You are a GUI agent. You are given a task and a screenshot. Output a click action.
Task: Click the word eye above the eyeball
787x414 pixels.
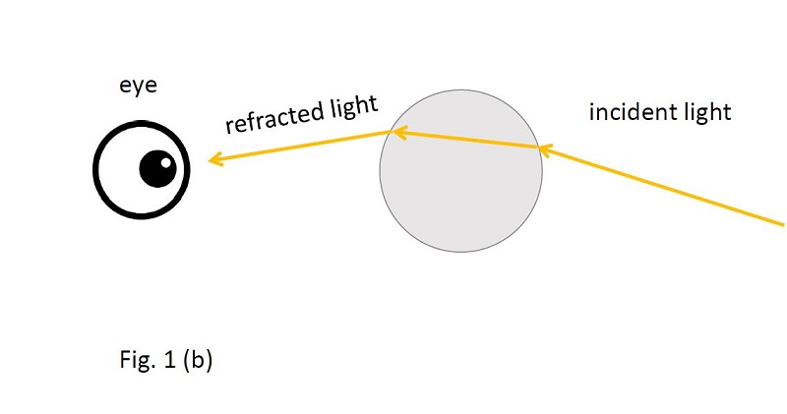pyautogui.click(x=138, y=86)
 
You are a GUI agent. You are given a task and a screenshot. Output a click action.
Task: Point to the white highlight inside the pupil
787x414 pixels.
pyautogui.click(x=165, y=162)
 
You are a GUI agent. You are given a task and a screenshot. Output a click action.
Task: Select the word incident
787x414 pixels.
pyautogui.click(x=629, y=111)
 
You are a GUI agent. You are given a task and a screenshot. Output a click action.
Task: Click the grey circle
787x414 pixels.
pyautogui.click(x=460, y=201)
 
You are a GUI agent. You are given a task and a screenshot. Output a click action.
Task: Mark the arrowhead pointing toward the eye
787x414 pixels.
pyautogui.click(x=214, y=159)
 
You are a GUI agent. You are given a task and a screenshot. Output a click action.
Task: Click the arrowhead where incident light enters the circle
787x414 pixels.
pyautogui.click(x=546, y=149)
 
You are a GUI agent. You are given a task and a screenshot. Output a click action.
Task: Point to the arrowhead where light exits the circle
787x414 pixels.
pyautogui.click(x=399, y=133)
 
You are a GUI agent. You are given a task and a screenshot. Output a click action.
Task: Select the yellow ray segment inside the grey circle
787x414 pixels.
pyautogui.click(x=465, y=140)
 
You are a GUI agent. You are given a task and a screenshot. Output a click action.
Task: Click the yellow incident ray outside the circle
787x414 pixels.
pyautogui.click(x=661, y=186)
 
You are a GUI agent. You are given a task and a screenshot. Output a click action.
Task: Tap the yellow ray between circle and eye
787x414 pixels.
pyautogui.click(x=299, y=146)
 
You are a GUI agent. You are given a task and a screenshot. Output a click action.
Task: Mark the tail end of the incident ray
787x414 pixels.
pyautogui.click(x=783, y=224)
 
